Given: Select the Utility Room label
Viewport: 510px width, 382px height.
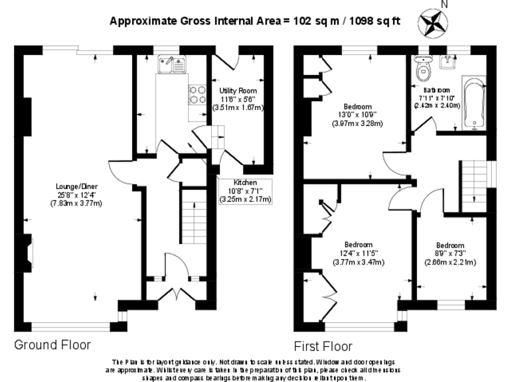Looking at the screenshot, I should point(238,90).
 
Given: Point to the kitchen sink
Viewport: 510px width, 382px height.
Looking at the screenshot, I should point(170,64).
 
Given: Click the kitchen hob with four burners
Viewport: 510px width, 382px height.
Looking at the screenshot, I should point(197,95).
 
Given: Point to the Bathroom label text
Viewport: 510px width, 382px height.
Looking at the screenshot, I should point(436,90).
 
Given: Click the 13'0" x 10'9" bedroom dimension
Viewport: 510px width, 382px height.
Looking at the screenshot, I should point(359,115).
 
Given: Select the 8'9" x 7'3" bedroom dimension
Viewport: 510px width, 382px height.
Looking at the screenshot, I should point(450,253).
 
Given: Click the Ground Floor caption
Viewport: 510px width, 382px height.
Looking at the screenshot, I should point(52,345).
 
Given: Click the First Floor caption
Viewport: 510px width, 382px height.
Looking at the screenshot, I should point(323,346).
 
